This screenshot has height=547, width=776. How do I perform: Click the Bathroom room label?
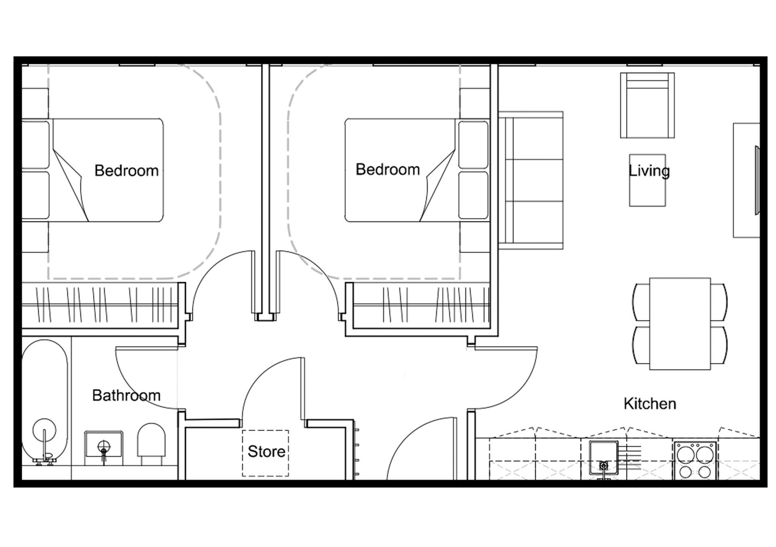coord(126,395)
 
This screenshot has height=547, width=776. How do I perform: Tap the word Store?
coord(266,452)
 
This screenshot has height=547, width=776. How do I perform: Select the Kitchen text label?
coord(650,404)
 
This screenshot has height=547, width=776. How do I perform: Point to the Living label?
coord(649,171)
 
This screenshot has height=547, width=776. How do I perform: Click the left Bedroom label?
coord(127,171)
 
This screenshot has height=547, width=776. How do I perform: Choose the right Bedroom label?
coord(388,169)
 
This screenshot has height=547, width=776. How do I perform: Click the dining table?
coord(680,323)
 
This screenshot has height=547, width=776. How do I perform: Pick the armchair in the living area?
coord(647,105)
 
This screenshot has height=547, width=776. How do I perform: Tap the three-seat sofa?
coord(531,180)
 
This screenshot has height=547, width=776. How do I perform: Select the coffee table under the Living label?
coord(647,180)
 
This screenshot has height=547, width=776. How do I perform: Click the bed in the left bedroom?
coord(93,170)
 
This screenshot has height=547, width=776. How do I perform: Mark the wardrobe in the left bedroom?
coord(100,305)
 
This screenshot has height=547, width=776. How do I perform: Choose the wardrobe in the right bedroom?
coord(421,305)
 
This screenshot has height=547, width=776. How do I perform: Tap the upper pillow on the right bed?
coord(473,145)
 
